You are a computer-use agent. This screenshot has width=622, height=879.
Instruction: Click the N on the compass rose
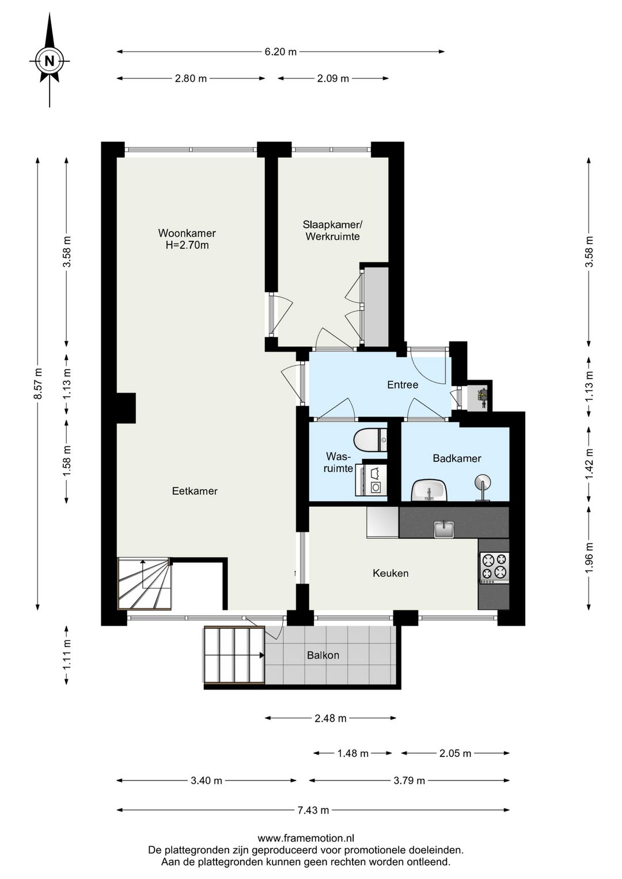[x=50, y=61]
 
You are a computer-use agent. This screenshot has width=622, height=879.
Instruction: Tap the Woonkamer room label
[x=187, y=233]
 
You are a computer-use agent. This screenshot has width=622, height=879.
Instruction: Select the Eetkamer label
[x=195, y=491]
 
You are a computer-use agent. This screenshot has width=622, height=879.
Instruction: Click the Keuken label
[x=390, y=573]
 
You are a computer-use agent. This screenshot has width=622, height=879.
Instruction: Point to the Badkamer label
[x=457, y=459]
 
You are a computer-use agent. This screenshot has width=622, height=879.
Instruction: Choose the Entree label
[x=403, y=385]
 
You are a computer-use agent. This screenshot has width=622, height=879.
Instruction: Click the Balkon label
[x=323, y=656]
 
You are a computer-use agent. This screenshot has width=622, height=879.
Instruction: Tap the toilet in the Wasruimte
[x=370, y=440]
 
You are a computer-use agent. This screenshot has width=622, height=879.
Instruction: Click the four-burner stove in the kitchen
[x=494, y=568]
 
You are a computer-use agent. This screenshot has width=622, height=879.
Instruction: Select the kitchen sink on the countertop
[x=444, y=529]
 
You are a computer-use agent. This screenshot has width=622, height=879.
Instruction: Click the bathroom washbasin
[x=430, y=490]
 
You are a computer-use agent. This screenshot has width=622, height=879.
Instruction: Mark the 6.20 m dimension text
[x=280, y=51]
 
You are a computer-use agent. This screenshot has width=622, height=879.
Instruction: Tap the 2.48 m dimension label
[x=331, y=718]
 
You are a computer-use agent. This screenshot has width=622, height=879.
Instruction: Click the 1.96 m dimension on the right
[x=589, y=558]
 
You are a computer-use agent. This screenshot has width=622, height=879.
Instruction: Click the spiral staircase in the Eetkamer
[x=145, y=584]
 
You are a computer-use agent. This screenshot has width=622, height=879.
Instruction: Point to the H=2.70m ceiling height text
[x=187, y=245]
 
